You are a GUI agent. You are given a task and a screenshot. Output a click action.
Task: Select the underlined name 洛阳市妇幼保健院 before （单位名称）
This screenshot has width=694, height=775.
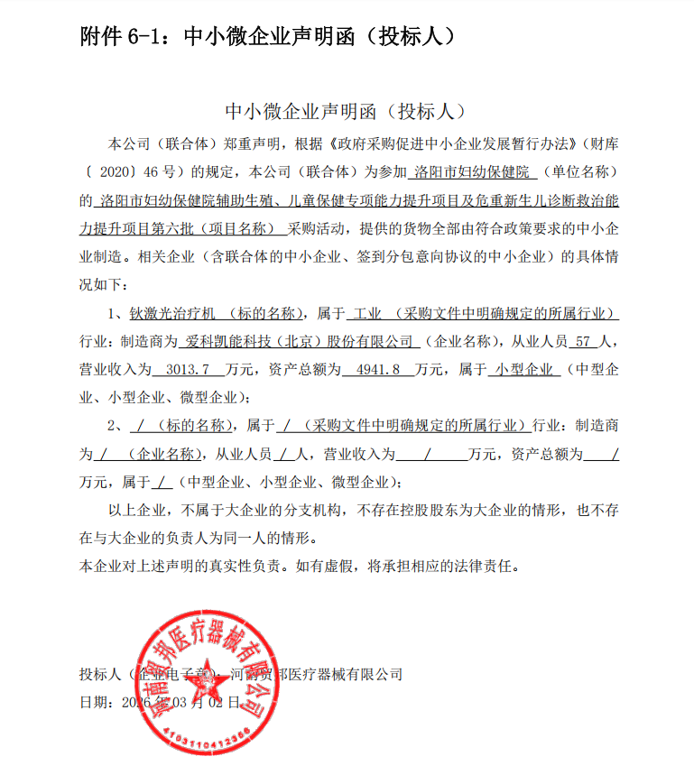point(473,171)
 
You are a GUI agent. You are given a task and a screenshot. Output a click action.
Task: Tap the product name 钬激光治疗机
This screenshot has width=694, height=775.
point(172,315)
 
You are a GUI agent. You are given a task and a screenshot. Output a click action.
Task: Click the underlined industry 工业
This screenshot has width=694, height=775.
point(368,315)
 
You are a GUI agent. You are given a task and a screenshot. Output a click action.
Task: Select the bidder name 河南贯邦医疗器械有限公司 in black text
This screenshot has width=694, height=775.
point(316,674)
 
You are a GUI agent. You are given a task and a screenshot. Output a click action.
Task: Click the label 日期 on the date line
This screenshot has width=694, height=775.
point(94,701)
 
